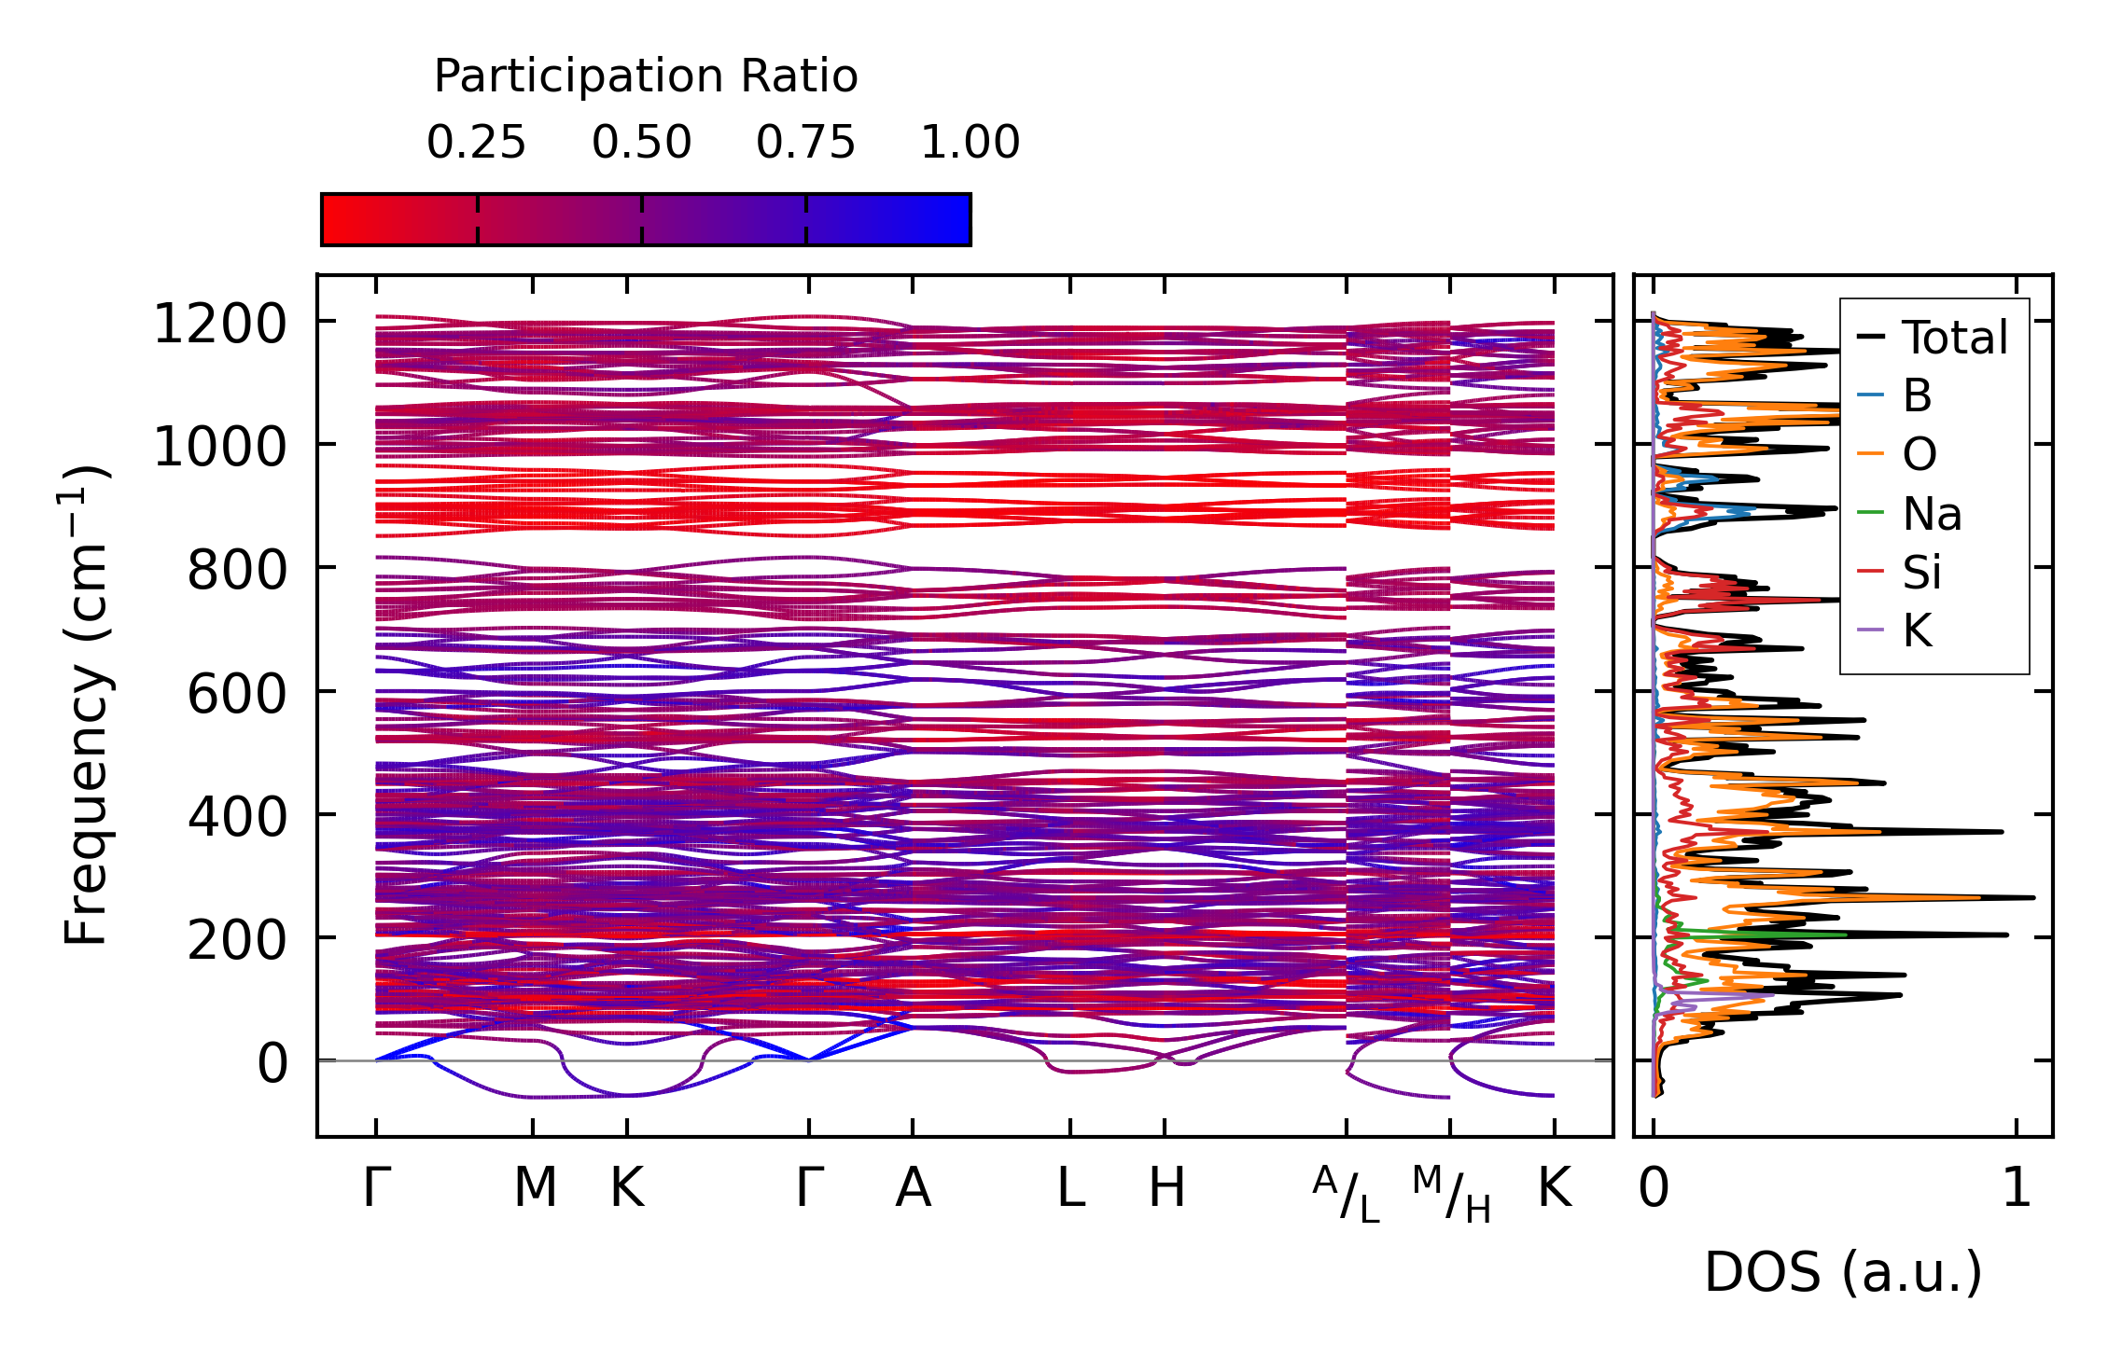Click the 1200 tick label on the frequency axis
pos(219,325)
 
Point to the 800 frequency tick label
pos(237,571)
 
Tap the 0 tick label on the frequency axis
pos(272,1063)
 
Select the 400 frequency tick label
pos(237,817)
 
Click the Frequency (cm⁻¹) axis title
pos(86,705)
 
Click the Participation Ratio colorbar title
pos(646,76)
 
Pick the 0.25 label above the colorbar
pos(476,143)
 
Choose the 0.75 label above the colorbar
pos(805,143)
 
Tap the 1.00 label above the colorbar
pos(970,143)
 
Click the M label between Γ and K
pos(535,1188)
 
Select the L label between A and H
pos(1070,1188)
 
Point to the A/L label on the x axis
pos(1346,1195)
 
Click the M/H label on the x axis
pos(1451,1195)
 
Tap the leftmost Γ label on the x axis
pos(376,1188)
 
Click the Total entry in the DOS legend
pos(1954,338)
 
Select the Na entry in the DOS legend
pos(1932,514)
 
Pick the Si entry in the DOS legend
pos(1921,573)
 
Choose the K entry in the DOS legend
pos(1917,631)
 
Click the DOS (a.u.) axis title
pos(1843,1273)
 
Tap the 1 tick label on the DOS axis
pos(2017,1188)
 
